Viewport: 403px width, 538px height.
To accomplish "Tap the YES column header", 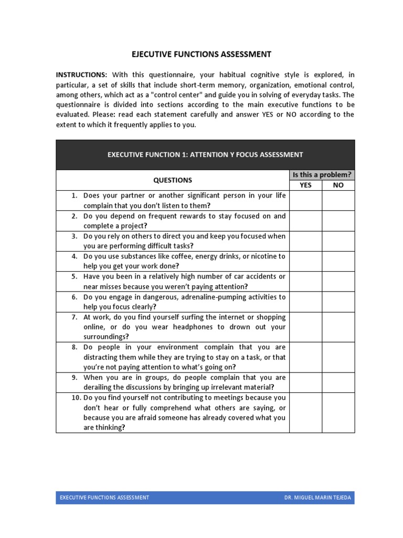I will click(x=305, y=185).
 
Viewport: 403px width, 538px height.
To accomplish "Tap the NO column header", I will click(x=338, y=185).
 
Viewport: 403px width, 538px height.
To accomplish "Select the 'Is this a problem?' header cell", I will click(x=322, y=175).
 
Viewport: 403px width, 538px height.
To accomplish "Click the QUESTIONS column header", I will click(x=173, y=180).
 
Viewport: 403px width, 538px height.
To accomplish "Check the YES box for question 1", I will click(x=305, y=201).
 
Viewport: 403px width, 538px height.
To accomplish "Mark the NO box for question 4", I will click(x=338, y=261).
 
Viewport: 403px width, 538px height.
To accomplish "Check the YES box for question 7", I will click(x=305, y=327).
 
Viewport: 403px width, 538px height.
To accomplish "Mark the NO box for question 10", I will click(x=338, y=412).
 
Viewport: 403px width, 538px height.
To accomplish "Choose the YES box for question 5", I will click(x=305, y=282).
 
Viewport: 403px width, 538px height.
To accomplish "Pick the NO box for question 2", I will click(x=338, y=221).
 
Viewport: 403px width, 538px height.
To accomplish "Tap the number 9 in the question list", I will click(x=75, y=377).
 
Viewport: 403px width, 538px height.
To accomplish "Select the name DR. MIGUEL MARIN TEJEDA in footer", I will click(x=317, y=498).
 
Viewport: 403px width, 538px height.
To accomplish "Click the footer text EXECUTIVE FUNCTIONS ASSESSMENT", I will click(x=104, y=498).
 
